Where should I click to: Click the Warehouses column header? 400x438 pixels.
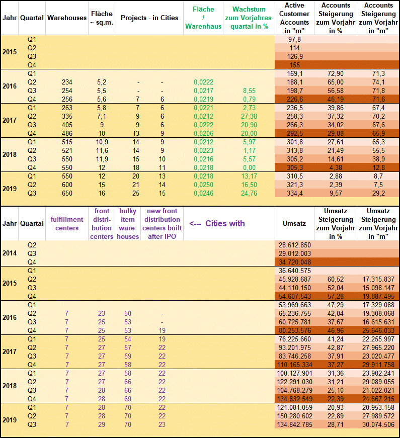[67, 18]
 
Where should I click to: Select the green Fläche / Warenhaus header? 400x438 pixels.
[203, 18]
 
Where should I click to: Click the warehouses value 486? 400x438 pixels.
[67, 132]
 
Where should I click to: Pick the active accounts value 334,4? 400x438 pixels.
[295, 193]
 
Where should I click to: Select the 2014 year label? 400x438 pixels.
[9, 253]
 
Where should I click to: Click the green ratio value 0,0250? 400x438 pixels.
[203, 185]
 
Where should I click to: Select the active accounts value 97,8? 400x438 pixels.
[295, 39]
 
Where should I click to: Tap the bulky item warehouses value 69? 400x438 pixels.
[128, 398]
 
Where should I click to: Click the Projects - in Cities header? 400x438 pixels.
[149, 18]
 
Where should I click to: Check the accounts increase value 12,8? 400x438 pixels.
[377, 167]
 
